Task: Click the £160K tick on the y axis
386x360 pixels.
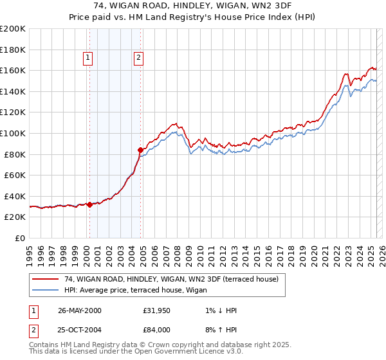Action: [14, 70]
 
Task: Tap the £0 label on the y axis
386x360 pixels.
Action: [21, 238]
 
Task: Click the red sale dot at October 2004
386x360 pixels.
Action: [140, 150]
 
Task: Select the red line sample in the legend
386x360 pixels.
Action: [46, 279]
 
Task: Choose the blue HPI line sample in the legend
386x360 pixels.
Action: [46, 290]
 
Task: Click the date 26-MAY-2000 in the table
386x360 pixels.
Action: [79, 310]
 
